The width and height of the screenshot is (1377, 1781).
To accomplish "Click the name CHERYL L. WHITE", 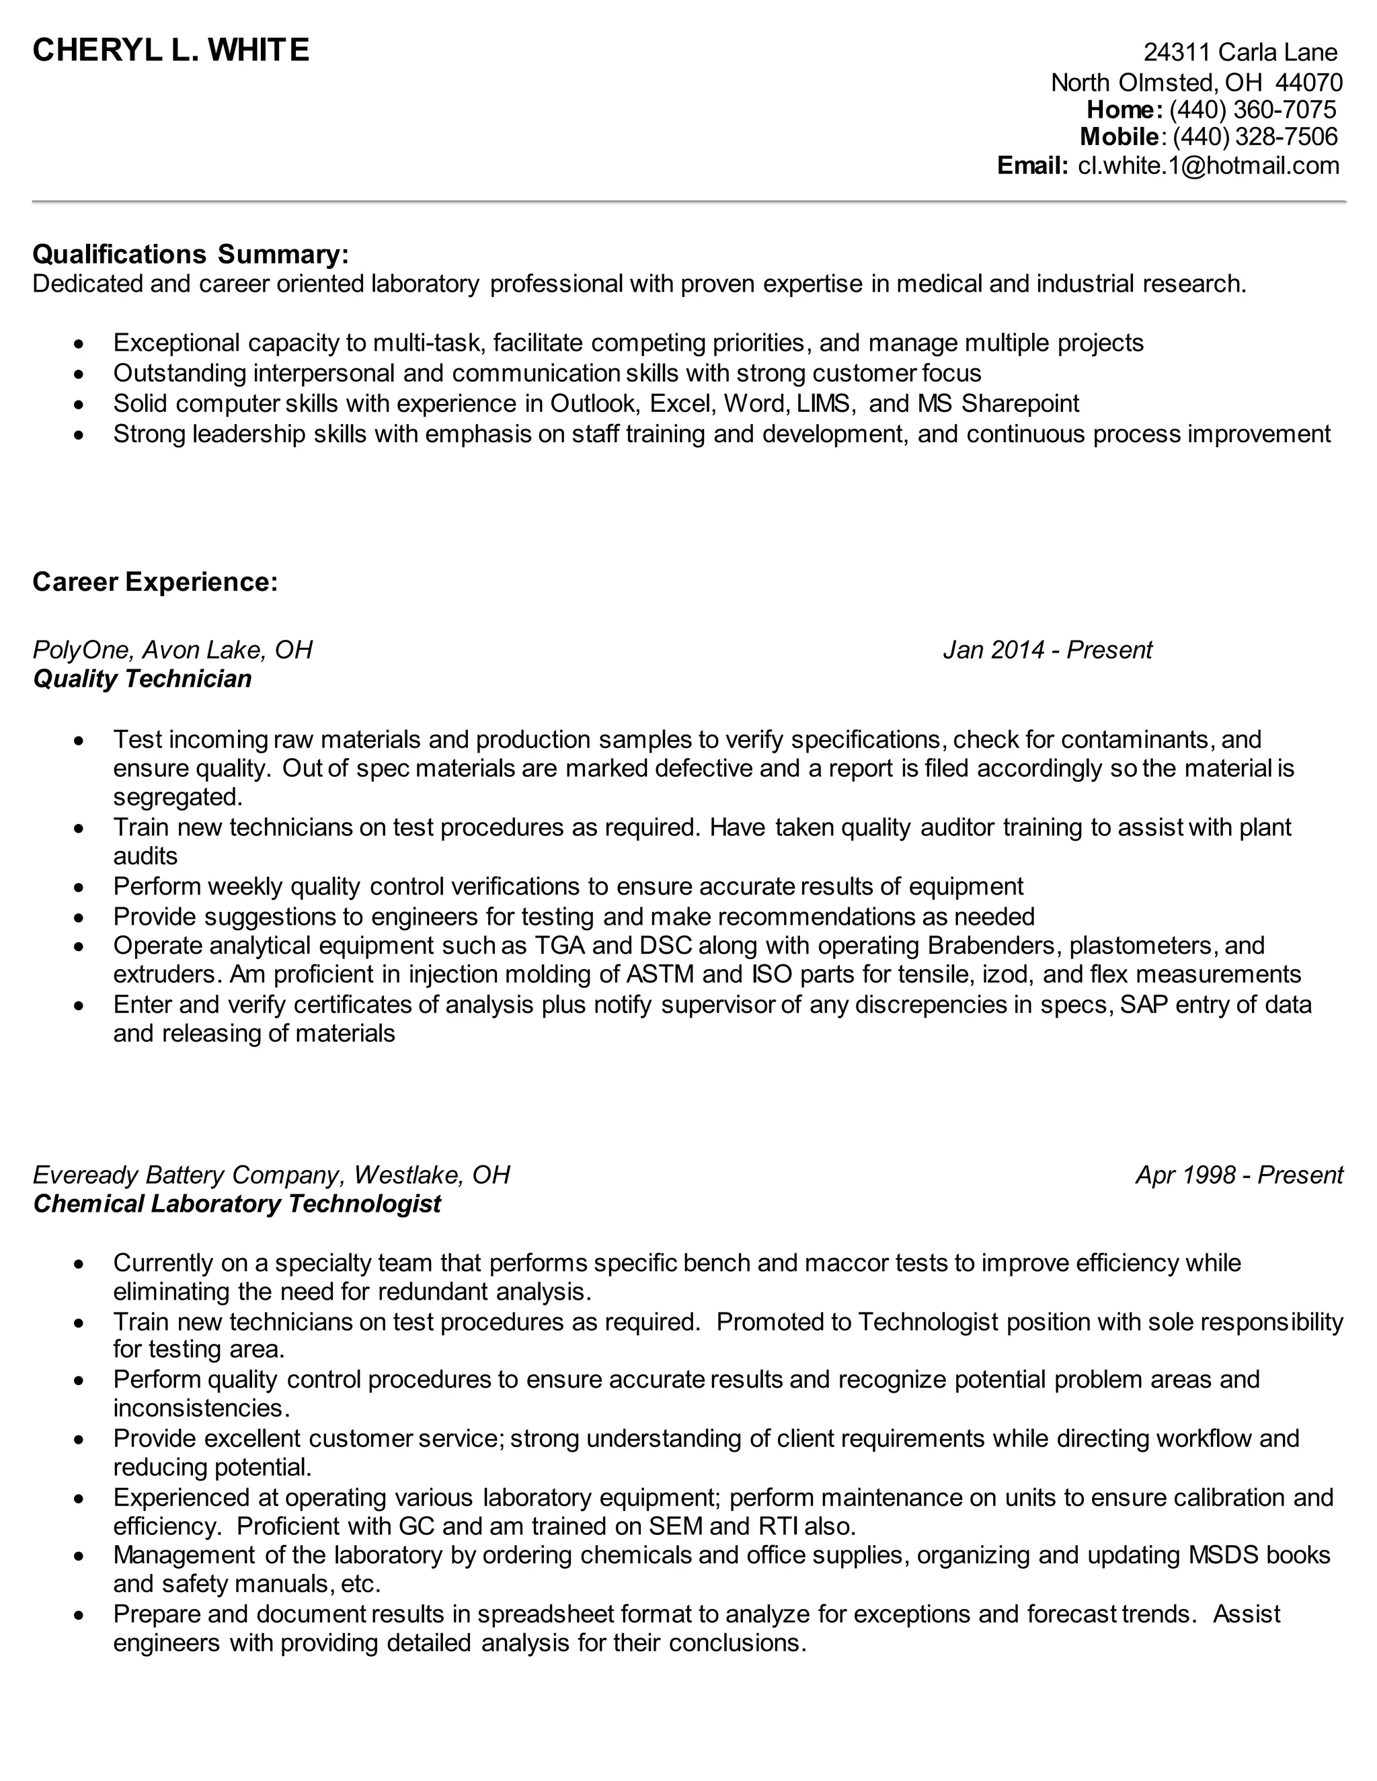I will point(171,50).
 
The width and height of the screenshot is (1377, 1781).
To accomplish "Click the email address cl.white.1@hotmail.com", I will point(1208,165).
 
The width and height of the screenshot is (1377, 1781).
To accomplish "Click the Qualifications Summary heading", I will point(190,255).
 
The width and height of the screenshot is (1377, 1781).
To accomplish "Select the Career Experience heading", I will point(155,581).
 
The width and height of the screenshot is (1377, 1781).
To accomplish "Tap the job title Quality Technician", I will point(142,679).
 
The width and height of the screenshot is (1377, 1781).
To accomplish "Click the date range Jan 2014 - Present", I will point(1047,650).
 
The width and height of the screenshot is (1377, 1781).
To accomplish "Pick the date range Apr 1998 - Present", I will point(1238,1175).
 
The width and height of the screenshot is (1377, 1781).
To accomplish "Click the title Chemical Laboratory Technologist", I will point(237,1204).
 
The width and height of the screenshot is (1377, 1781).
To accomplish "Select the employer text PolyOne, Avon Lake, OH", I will point(172,650).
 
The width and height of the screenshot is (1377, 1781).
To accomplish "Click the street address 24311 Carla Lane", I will point(1240,52).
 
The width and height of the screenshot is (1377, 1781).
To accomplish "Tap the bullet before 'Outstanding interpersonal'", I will point(78,374).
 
